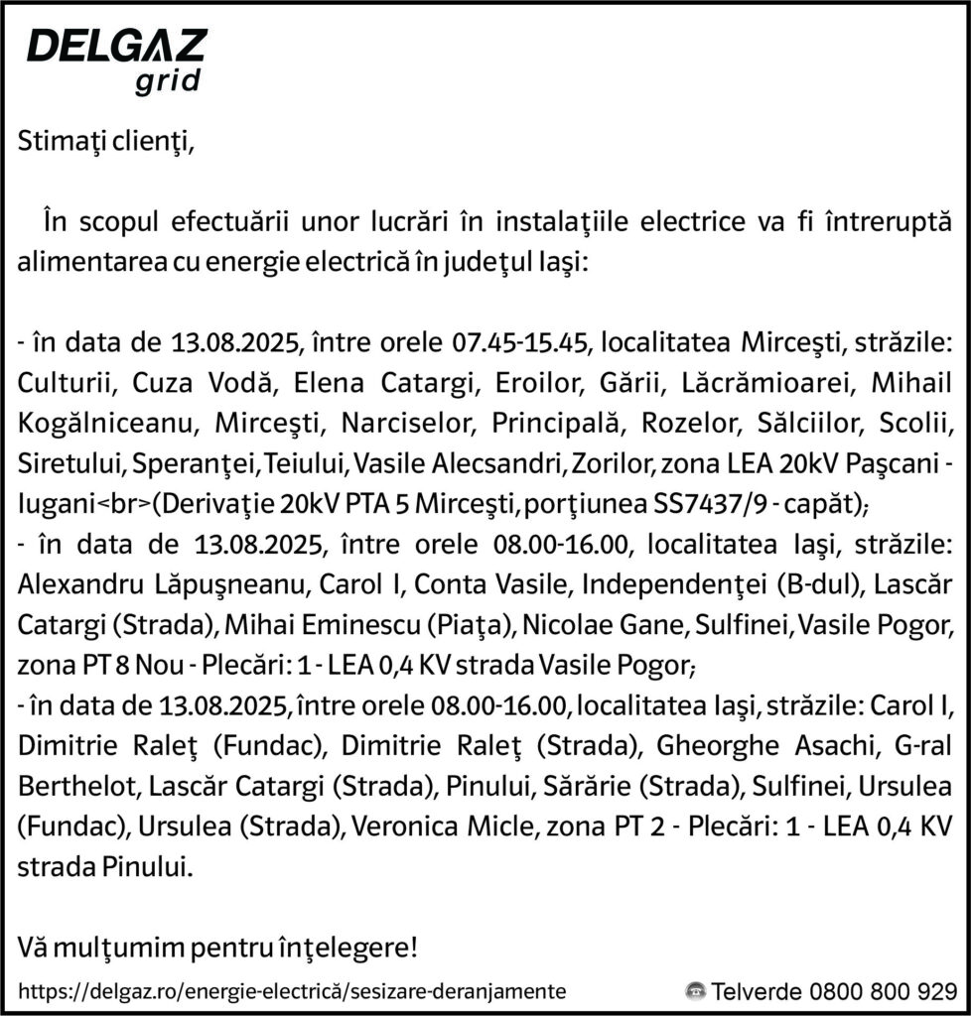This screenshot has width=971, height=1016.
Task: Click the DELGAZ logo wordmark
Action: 116,47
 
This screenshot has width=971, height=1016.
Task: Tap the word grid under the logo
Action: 167,81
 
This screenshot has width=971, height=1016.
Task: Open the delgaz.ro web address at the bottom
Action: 293,990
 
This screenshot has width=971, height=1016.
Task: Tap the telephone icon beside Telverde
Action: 695,990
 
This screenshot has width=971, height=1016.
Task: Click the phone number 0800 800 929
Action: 884,990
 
